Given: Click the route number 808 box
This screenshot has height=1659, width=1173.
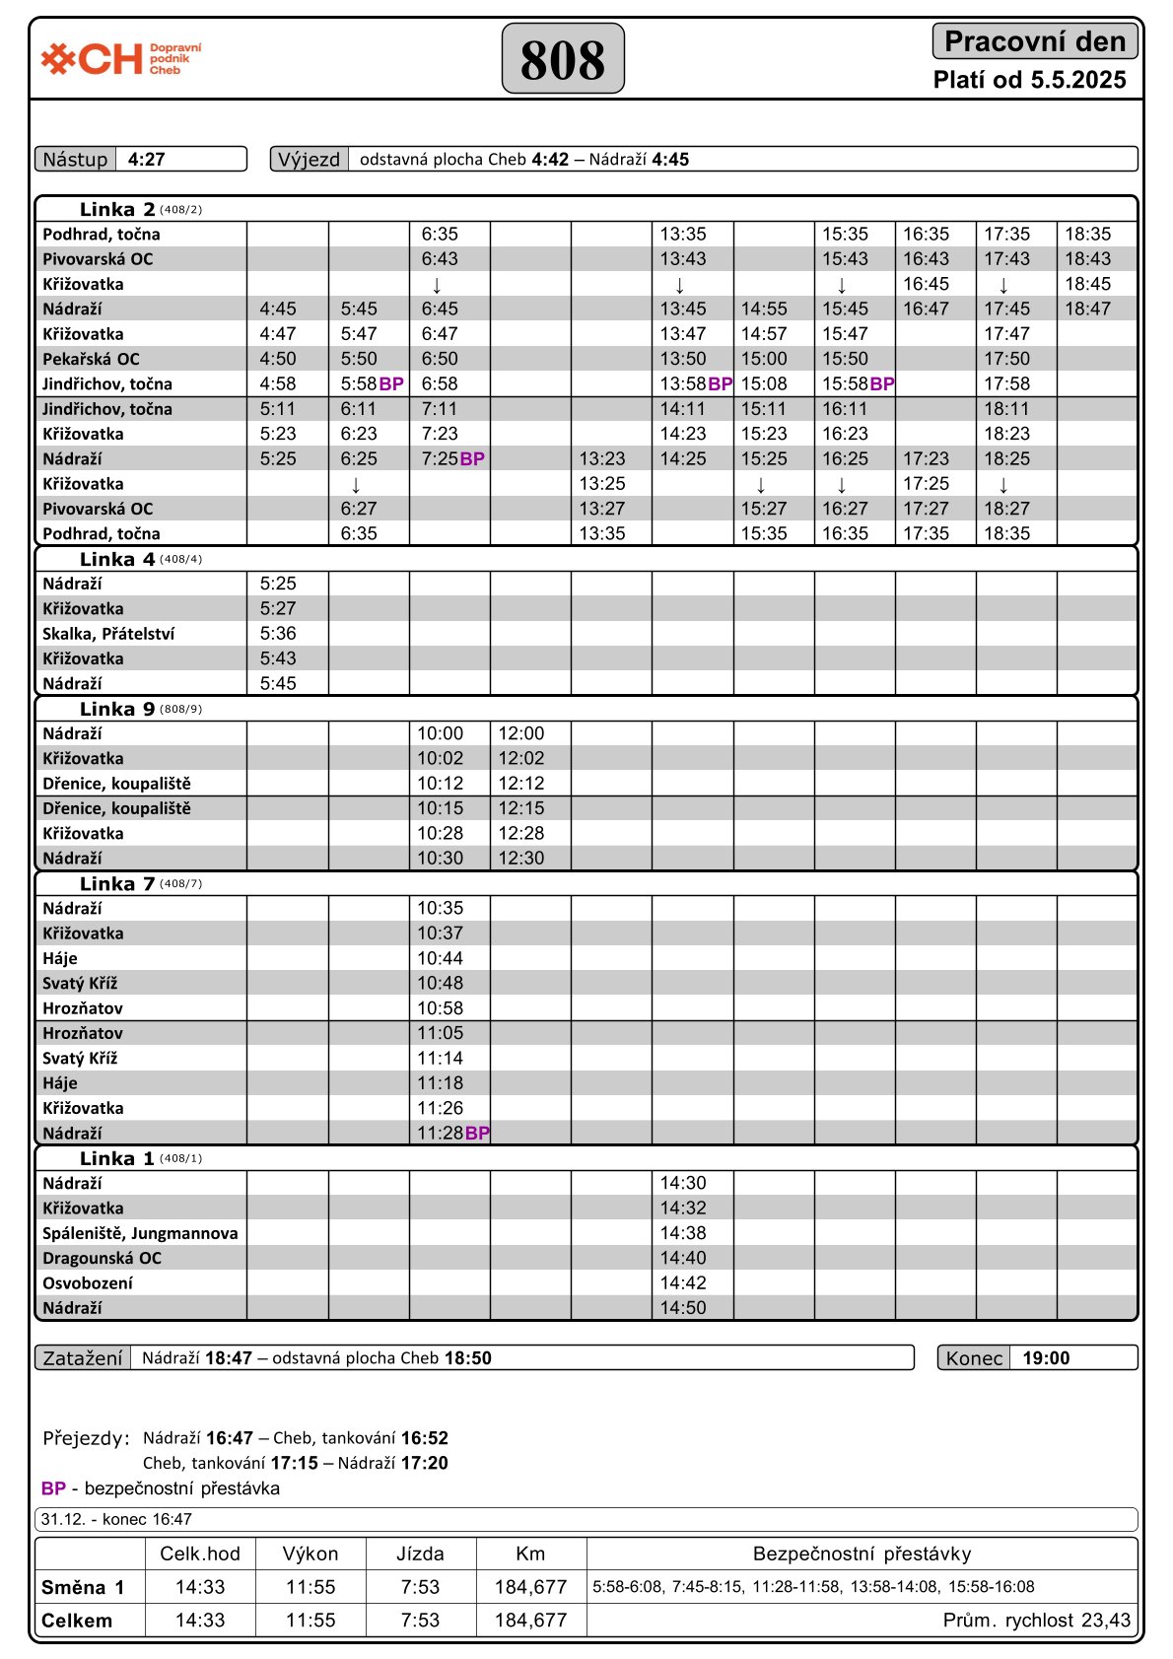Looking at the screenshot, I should [563, 59].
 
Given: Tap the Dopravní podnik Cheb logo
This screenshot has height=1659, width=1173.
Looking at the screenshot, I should [121, 59].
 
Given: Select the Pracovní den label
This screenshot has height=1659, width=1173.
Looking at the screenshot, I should [1034, 41].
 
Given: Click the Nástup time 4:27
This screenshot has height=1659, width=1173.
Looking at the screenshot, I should [147, 160].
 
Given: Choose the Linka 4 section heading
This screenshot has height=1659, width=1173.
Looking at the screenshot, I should [117, 559].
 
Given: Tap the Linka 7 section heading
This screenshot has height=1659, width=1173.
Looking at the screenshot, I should [117, 883].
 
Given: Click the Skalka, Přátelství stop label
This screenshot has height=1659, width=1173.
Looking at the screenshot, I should [108, 634].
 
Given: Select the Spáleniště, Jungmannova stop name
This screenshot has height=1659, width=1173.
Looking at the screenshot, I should [140, 1233].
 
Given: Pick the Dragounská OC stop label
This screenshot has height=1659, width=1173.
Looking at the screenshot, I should [102, 1258].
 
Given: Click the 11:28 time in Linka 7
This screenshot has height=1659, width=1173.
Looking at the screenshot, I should [440, 1133].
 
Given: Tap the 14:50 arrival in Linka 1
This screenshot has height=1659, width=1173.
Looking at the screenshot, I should [683, 1308].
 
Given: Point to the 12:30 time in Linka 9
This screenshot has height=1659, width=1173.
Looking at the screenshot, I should [520, 858].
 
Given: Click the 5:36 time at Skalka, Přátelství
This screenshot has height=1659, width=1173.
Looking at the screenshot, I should [278, 634].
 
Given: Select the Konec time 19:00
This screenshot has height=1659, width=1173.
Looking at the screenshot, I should [1046, 1358].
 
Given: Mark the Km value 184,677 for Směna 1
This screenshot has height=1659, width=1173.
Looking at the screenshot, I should [530, 1587].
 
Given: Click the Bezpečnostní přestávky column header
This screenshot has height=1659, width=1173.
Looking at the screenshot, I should [862, 1555].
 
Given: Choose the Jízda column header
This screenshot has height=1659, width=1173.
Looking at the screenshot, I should [421, 1555].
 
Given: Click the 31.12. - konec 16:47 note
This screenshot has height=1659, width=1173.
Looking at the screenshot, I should [116, 1519].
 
